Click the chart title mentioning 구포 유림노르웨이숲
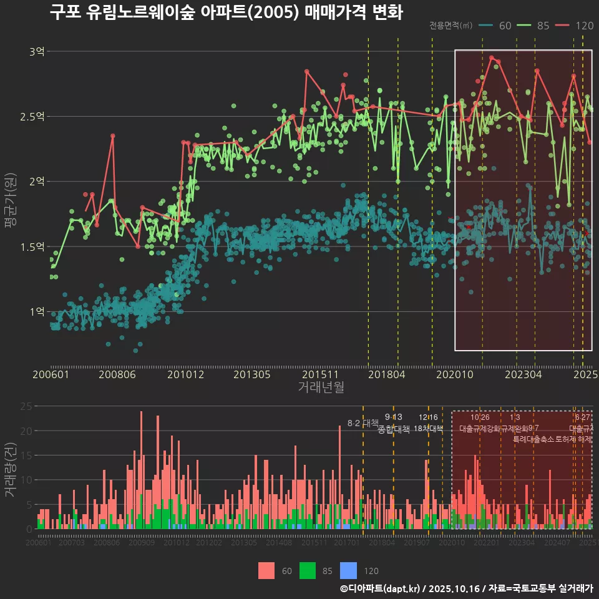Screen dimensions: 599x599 226,12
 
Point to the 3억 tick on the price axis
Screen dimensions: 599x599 37,51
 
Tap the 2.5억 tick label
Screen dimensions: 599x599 32,116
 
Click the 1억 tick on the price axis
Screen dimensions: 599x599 37,311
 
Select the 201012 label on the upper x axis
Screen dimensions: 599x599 185,374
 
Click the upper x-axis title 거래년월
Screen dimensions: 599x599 321,387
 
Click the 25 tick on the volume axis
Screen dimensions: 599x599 26,406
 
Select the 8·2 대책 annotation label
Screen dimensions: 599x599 363,423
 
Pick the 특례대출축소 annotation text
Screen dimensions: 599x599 533,439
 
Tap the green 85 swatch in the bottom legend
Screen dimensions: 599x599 308,570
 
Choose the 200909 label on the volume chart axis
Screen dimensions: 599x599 142,543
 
